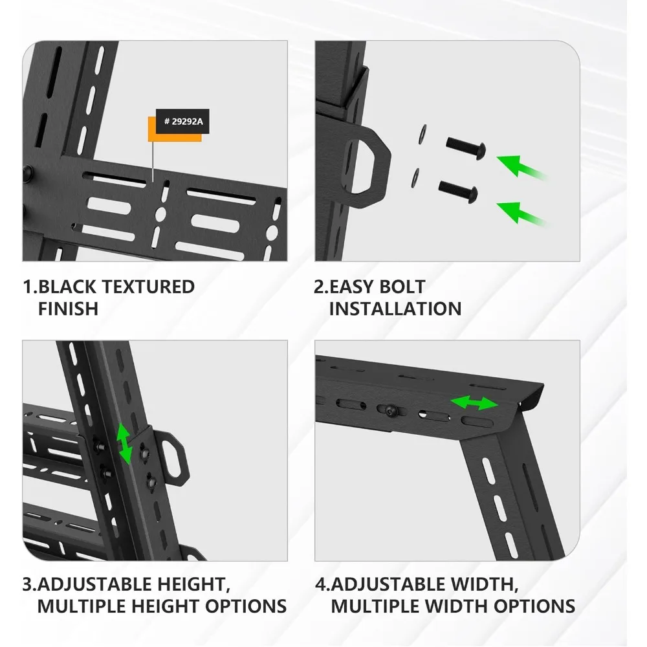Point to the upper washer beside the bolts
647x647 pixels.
[x=422, y=131]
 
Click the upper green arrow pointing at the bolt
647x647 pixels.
[x=521, y=166]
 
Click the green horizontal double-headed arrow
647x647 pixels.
[x=475, y=404]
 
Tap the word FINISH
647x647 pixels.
[x=68, y=309]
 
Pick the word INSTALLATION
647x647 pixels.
[x=395, y=309]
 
